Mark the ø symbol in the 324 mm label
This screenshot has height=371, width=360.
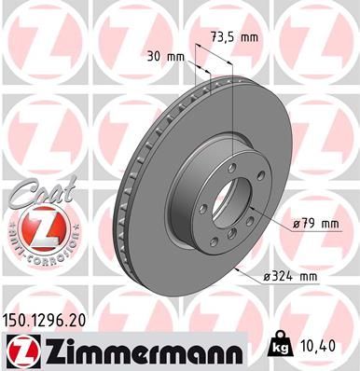pyautogui.click(x=269, y=276)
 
